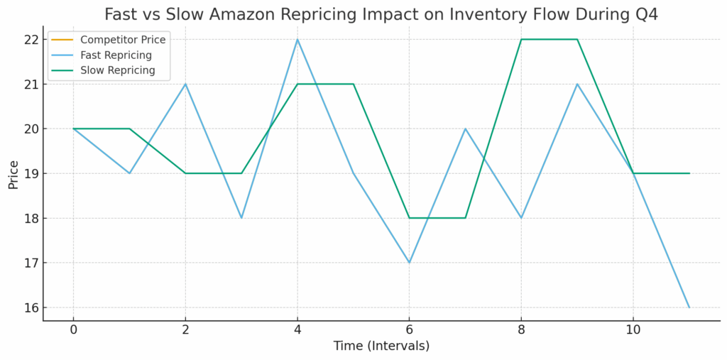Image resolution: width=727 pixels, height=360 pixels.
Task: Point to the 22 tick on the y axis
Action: [x=29, y=40]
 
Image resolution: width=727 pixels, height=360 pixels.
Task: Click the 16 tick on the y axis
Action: [x=29, y=308]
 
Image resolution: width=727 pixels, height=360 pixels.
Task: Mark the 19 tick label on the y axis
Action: [x=29, y=174]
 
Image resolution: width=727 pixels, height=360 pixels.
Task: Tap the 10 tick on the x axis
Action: [x=633, y=329]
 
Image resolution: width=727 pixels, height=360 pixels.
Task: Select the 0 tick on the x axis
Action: [x=73, y=329]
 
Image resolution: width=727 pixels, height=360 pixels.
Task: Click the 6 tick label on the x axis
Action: [x=409, y=329]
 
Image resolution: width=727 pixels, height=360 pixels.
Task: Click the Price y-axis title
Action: [x=13, y=173]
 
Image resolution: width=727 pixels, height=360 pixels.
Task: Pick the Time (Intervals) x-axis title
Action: [x=381, y=347]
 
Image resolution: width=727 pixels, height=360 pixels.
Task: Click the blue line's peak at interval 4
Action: [x=297, y=39]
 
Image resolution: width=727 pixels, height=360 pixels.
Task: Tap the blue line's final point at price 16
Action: [x=689, y=307]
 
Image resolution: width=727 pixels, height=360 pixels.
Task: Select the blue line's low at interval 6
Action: [x=409, y=263]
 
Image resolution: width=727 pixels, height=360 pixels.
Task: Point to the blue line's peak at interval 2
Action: [x=185, y=84]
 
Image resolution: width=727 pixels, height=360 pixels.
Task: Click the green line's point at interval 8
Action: [x=521, y=39]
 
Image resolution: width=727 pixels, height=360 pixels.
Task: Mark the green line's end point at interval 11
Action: [x=689, y=173]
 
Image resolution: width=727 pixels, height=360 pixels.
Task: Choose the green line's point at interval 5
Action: [x=354, y=84]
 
